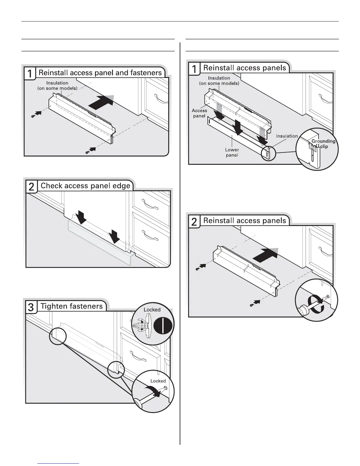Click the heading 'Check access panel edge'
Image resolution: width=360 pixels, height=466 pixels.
85,186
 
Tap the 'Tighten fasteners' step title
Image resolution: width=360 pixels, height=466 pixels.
71,306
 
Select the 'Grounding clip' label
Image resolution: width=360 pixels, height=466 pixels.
323,144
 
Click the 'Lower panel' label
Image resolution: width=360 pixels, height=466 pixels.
232,152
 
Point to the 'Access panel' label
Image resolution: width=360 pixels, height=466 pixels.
199,113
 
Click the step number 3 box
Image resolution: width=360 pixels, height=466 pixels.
31,308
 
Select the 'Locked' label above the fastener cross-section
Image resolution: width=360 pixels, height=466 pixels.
152,310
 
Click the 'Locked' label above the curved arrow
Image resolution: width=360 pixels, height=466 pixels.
158,381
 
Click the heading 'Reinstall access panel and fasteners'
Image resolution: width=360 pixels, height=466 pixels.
100,73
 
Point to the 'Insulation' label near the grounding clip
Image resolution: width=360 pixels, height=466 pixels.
287,136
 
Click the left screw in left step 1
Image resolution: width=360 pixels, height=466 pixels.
33,116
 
